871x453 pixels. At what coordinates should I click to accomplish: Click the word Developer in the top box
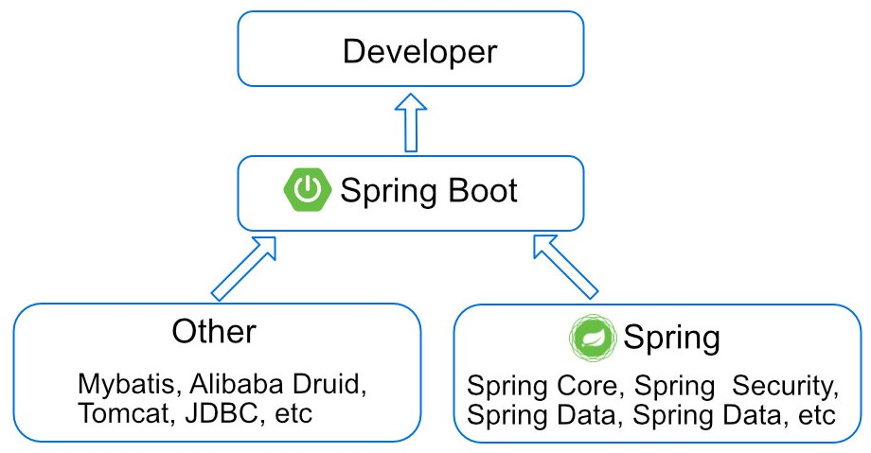(x=418, y=51)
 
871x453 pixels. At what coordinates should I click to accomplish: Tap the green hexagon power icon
(x=307, y=191)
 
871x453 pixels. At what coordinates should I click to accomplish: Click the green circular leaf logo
(x=591, y=338)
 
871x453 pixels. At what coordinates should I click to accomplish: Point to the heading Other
(x=213, y=332)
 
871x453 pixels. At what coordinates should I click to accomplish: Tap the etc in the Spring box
(x=815, y=415)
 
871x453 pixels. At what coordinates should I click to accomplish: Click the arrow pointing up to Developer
(x=411, y=123)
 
